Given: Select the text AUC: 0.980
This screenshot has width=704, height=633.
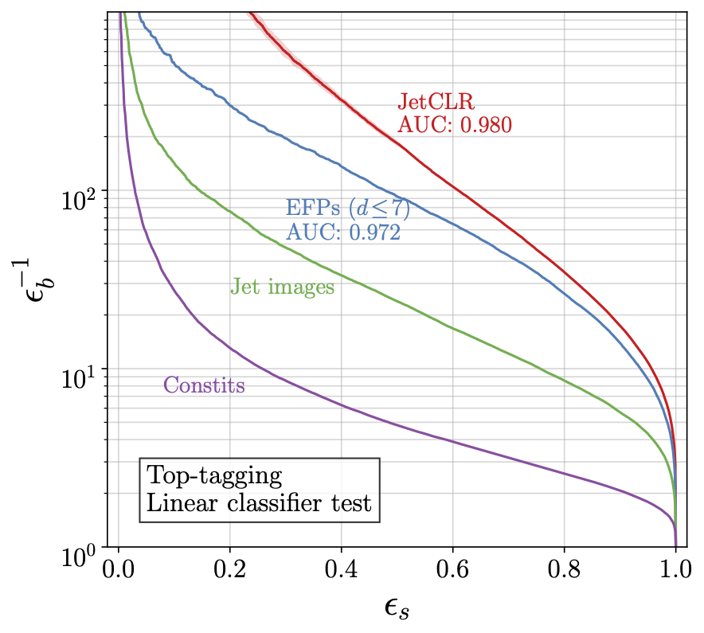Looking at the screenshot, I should click(x=454, y=125).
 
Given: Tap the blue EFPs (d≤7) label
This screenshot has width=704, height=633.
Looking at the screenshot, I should click(x=348, y=209).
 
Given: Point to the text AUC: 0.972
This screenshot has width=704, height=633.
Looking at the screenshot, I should click(x=342, y=232).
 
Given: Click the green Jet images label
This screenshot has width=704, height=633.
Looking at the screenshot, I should click(x=282, y=287).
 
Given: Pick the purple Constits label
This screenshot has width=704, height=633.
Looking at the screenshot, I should click(x=204, y=386).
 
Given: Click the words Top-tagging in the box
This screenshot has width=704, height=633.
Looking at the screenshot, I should click(x=214, y=477).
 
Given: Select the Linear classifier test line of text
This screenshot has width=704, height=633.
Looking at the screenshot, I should click(x=259, y=503).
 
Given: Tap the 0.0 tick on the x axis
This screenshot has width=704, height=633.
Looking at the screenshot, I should click(x=119, y=572).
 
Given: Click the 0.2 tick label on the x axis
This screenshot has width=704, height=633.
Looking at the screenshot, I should click(x=230, y=572).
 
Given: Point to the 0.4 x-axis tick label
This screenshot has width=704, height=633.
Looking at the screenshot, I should click(x=342, y=572).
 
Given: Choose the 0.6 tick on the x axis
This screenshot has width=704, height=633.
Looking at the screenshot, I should click(x=453, y=572).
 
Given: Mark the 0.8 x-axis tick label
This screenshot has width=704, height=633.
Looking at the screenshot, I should click(x=565, y=572).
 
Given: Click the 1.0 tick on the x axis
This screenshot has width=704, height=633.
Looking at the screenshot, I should click(x=675, y=572).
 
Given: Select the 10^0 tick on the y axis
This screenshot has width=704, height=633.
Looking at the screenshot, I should click(x=79, y=549).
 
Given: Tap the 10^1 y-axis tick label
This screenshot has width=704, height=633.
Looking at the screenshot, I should click(x=79, y=373).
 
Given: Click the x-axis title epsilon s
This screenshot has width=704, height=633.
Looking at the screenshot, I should click(x=397, y=608).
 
